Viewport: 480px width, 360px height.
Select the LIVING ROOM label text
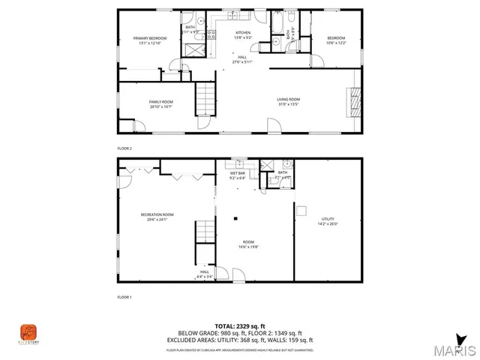pos(289,101)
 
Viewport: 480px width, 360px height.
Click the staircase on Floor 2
pos(205,97)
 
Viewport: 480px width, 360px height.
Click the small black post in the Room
pos(236,219)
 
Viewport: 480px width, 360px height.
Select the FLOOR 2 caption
pos(124,148)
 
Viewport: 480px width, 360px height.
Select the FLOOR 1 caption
pos(124,298)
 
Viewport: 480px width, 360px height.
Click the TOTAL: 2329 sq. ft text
pos(239,325)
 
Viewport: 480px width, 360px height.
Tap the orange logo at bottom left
pos(28,331)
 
